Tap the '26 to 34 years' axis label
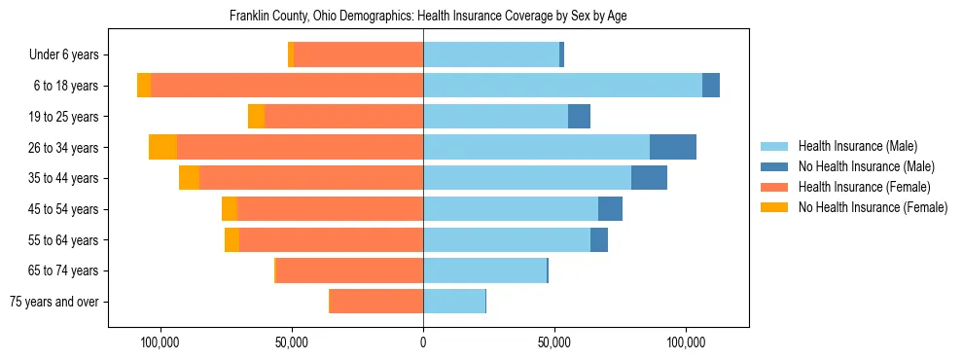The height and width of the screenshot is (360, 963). tap(64, 148)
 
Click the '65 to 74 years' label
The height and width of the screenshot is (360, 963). tap(64, 270)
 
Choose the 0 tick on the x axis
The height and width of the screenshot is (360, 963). tap(423, 343)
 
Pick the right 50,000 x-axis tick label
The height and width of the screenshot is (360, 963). tap(554, 343)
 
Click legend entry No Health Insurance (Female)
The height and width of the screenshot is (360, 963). tap(873, 207)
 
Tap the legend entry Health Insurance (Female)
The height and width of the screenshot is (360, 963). tap(864, 187)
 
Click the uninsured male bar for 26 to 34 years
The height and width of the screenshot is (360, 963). tap(673, 147)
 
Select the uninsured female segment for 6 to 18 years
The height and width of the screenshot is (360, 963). tap(144, 86)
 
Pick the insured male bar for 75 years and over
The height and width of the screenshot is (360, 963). tap(454, 302)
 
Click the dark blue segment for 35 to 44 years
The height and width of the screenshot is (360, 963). tap(649, 178)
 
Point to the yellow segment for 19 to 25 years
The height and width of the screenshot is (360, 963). tap(256, 117)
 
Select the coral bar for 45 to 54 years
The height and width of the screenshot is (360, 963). tap(330, 209)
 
